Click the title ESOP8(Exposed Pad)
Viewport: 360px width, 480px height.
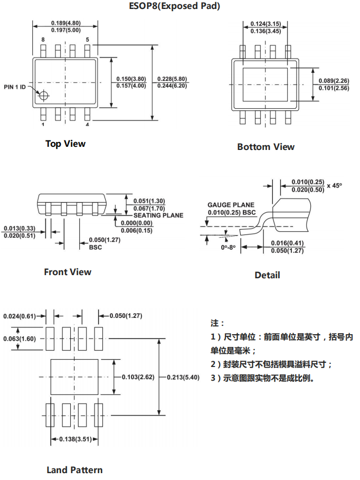click(x=174, y=6)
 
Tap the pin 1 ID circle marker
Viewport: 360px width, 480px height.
click(x=44, y=95)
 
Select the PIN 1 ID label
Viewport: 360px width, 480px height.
click(x=15, y=87)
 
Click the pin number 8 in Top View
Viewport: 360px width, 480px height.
click(x=43, y=40)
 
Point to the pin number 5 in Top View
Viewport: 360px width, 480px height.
click(x=87, y=40)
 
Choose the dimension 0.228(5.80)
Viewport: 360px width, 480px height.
click(x=172, y=79)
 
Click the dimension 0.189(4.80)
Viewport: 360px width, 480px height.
click(x=66, y=23)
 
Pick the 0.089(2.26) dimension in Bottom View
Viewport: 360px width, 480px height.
click(x=334, y=81)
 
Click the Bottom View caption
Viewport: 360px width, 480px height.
click(x=266, y=147)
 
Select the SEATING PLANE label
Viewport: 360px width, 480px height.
click(x=158, y=215)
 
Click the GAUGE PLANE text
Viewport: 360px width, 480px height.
click(x=231, y=205)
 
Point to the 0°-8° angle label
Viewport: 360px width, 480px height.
click(x=229, y=247)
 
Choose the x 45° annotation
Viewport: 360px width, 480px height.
click(x=334, y=186)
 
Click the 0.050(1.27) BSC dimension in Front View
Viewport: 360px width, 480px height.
click(x=105, y=243)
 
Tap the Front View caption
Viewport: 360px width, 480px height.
click(x=68, y=272)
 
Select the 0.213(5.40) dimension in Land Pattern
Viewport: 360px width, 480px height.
click(x=183, y=377)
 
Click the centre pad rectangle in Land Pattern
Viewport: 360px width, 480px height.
click(x=74, y=377)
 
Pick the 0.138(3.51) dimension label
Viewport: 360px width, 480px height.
click(x=75, y=439)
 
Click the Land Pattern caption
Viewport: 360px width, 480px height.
click(x=74, y=470)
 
